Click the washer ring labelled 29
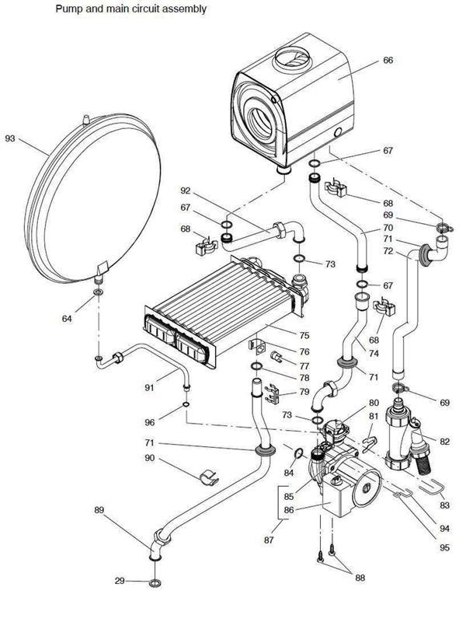pos(155,582)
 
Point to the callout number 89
pos(99,510)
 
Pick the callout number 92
pos(186,190)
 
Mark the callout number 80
pos(374,403)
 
